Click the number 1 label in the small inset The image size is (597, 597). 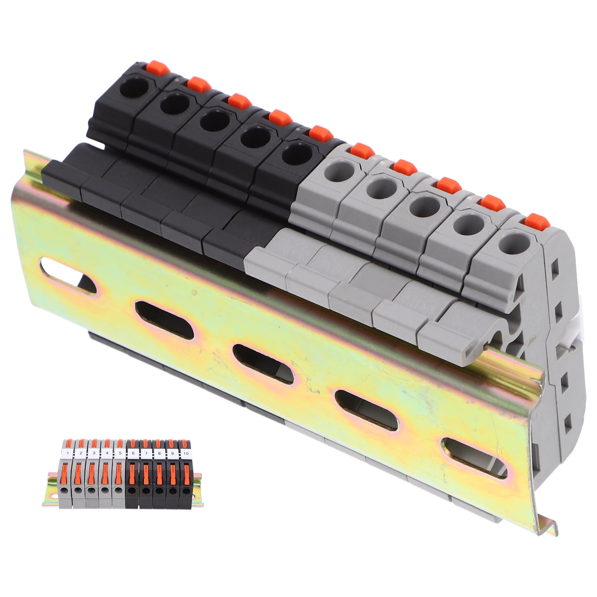click(x=67, y=453)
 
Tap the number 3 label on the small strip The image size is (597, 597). click(x=94, y=453)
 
